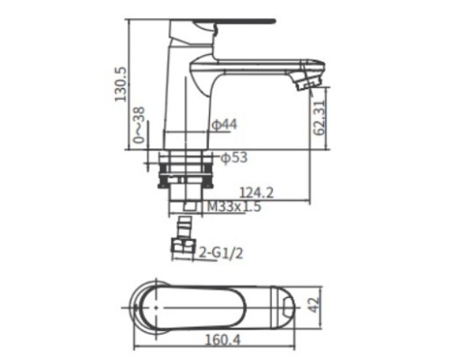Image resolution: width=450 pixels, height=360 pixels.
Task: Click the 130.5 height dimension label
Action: [x=121, y=85]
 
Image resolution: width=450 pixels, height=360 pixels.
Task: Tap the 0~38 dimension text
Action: [x=139, y=125]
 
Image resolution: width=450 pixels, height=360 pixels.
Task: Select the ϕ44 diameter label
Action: [x=225, y=124]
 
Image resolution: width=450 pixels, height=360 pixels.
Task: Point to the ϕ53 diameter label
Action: [x=234, y=157]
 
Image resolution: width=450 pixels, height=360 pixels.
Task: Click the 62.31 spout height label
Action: [x=319, y=118]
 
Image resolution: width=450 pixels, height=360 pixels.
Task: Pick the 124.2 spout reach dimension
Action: [x=257, y=193]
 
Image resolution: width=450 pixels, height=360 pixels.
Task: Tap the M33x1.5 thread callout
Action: [x=234, y=206]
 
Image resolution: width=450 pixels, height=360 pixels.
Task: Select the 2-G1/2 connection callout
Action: [x=221, y=254]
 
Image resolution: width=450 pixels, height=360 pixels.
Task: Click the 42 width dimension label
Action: [x=314, y=305]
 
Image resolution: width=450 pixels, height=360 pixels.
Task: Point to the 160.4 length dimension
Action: [x=223, y=340]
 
